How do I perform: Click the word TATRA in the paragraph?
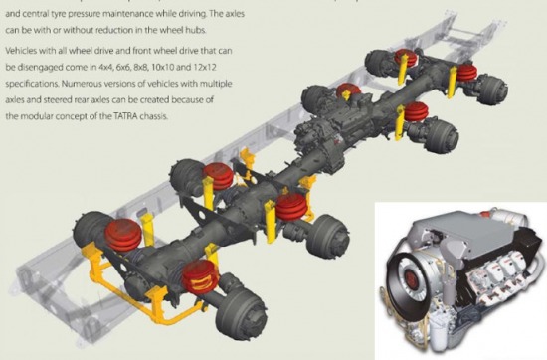coord(125,116)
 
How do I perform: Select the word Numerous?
coord(80,84)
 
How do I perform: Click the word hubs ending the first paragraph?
coord(198,30)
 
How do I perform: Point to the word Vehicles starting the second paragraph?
coord(21,51)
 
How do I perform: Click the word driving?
coord(196,14)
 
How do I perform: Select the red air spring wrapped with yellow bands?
coord(200,276)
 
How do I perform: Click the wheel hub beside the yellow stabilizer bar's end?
coord(241,317)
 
